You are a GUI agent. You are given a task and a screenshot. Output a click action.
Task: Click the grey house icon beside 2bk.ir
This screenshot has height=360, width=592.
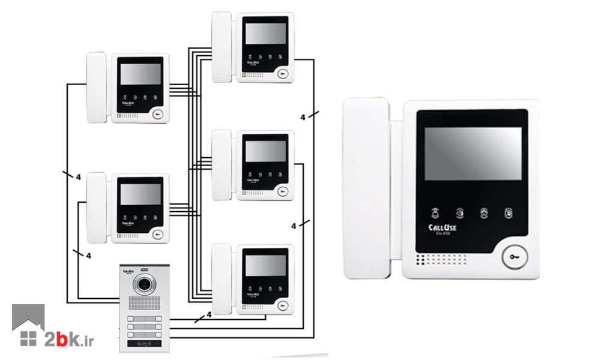[28, 327]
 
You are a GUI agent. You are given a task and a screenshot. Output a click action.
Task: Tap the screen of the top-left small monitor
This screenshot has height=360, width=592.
[140, 75]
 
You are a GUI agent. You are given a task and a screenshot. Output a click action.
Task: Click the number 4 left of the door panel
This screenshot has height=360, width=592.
[88, 256]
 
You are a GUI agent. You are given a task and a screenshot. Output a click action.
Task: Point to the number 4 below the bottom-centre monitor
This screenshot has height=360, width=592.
[208, 314]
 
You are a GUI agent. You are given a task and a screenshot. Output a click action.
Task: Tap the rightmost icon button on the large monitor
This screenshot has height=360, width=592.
[509, 212]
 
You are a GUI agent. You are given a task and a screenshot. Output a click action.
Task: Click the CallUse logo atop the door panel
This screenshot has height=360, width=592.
[131, 271]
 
